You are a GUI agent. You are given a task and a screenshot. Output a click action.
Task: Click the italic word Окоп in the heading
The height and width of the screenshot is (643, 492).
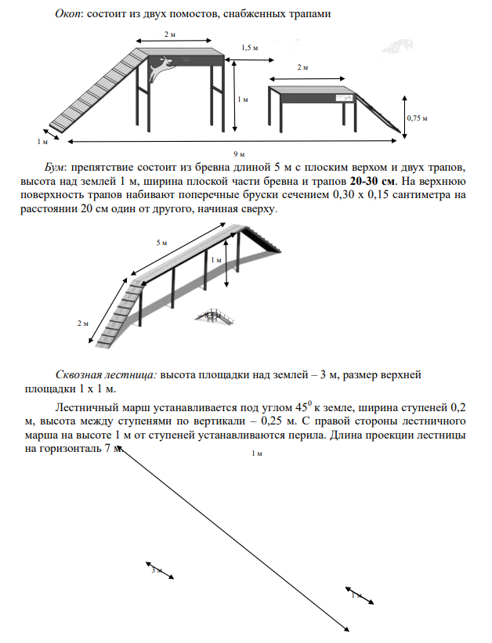[69, 14]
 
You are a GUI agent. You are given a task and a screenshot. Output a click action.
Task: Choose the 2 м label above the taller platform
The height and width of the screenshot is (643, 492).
[169, 35]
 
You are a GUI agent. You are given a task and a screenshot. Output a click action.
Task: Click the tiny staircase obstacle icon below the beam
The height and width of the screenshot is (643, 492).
[210, 317]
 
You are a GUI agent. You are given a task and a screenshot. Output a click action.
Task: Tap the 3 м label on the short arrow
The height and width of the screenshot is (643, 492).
[155, 570]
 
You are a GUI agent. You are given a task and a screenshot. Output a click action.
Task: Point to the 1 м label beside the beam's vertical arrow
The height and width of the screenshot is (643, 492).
[216, 260]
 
